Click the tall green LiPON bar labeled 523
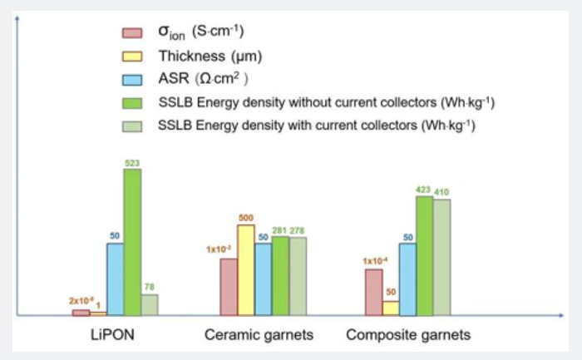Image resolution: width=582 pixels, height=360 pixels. point(132,242)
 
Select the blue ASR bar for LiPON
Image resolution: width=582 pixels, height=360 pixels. point(115,279)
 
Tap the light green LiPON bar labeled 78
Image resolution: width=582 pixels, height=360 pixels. point(150,304)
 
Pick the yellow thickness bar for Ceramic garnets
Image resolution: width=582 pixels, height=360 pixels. point(245,270)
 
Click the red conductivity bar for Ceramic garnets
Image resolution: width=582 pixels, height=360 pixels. point(229,287)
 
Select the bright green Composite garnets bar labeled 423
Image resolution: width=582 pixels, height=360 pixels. point(424,256)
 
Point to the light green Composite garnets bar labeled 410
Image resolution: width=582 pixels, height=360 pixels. point(441,258)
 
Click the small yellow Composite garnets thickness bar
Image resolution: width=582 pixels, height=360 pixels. point(390,308)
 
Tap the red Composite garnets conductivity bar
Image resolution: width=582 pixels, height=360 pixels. point(373,292)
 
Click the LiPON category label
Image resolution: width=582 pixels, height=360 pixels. point(111,335)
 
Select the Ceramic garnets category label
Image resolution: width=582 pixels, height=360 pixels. point(259,335)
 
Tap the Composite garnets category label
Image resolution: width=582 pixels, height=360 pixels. point(407,335)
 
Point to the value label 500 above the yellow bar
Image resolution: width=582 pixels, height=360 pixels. point(247,218)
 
